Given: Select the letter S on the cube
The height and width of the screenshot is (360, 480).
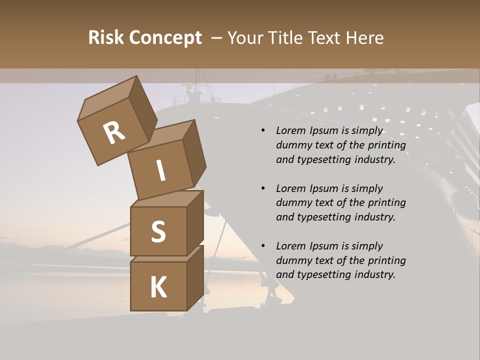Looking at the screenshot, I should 158,231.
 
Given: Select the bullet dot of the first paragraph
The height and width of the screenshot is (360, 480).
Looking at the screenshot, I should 263,130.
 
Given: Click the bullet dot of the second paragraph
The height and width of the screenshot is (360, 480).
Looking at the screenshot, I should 263,188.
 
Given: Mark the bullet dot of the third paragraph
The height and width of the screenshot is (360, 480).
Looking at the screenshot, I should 263,246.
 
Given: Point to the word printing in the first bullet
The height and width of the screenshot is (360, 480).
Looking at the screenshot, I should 386,145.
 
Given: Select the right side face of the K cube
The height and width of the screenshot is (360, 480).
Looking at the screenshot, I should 195,277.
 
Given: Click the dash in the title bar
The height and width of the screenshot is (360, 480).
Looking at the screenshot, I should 216,38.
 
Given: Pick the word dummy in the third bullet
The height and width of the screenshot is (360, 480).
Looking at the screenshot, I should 292,260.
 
